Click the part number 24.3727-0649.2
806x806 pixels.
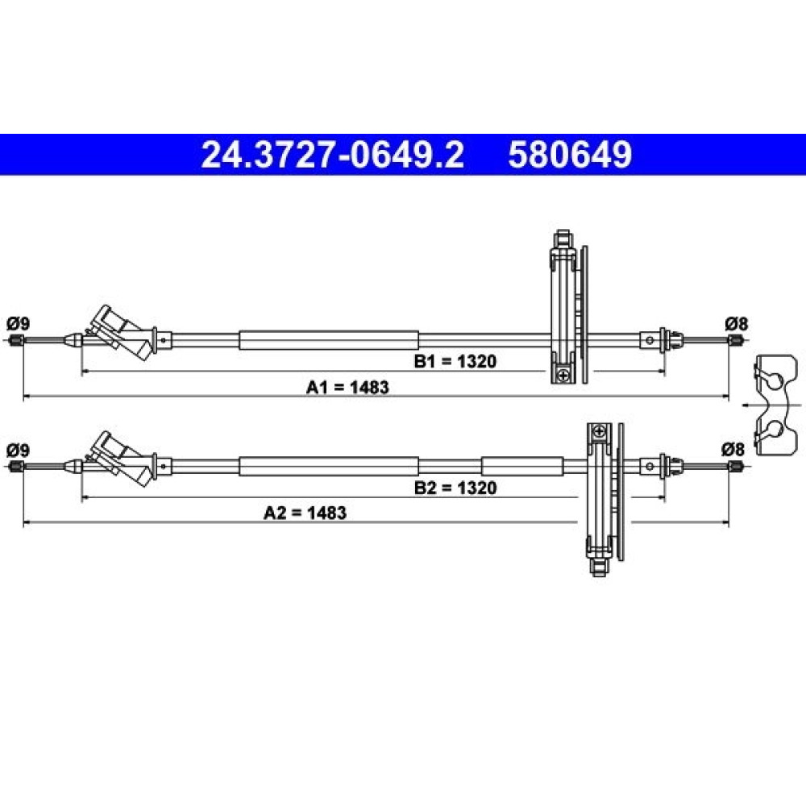pos(333,155)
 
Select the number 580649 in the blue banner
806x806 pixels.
pos(570,155)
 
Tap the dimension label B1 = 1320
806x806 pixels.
pos(455,361)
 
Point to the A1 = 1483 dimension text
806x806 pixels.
pos(347,387)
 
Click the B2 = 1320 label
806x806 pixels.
pos(455,488)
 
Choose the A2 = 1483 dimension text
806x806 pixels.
pos(305,513)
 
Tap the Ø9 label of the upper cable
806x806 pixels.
pos(18,324)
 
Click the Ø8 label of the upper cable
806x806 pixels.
pos(737,324)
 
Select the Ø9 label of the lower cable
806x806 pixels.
pos(18,451)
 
